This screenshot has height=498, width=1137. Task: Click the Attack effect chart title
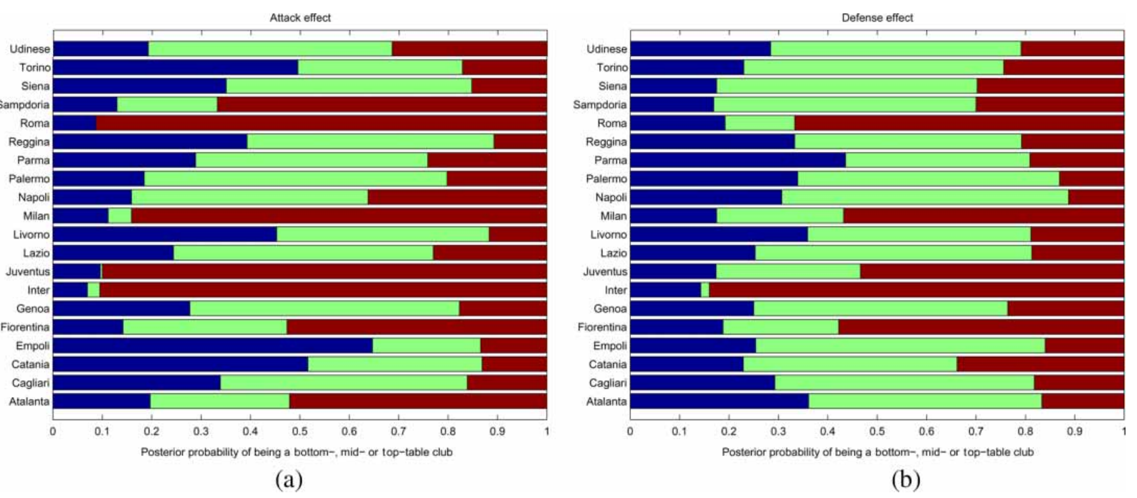click(300, 18)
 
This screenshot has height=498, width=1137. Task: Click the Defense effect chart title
click(877, 18)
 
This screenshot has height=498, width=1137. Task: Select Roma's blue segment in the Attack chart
click(75, 123)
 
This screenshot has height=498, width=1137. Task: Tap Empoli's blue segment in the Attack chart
click(212, 346)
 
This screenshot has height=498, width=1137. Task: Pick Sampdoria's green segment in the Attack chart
click(167, 105)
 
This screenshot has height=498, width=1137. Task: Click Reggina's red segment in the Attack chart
click(520, 142)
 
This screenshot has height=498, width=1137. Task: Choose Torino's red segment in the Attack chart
click(504, 68)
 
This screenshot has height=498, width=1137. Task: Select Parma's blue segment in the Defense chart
click(738, 160)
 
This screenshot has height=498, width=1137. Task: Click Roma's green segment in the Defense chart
click(760, 123)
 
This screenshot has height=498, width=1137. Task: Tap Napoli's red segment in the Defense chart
click(1096, 197)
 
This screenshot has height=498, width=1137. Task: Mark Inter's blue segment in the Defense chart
click(665, 290)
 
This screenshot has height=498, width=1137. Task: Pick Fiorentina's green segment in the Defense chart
click(781, 328)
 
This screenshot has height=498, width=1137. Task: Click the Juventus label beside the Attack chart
click(28, 272)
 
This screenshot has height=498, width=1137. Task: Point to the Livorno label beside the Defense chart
click(608, 235)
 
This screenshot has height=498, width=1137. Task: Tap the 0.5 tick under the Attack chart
click(300, 432)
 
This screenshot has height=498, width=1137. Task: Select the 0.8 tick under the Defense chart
click(1025, 432)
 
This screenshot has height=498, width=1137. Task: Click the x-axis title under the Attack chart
click(297, 452)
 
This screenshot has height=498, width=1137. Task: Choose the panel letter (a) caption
click(288, 479)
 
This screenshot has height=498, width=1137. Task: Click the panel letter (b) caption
click(906, 479)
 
